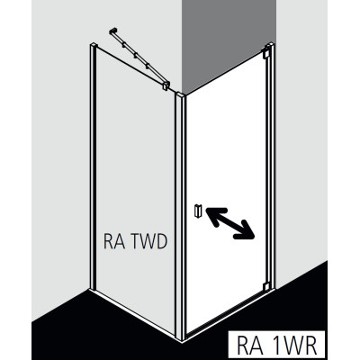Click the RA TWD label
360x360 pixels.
[135, 242]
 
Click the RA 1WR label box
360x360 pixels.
[276, 345]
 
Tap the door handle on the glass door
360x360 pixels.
[198, 211]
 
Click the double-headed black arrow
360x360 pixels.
[230, 223]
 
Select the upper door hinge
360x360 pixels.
[265, 53]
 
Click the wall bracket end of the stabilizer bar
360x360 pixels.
[113, 31]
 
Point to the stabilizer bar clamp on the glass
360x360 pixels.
[166, 85]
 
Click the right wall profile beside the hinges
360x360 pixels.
[272, 166]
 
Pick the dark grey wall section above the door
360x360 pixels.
[229, 45]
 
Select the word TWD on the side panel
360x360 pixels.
[148, 242]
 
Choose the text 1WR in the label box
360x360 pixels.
[298, 346]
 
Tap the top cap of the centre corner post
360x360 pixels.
[180, 94]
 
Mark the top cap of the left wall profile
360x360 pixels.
[94, 45]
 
